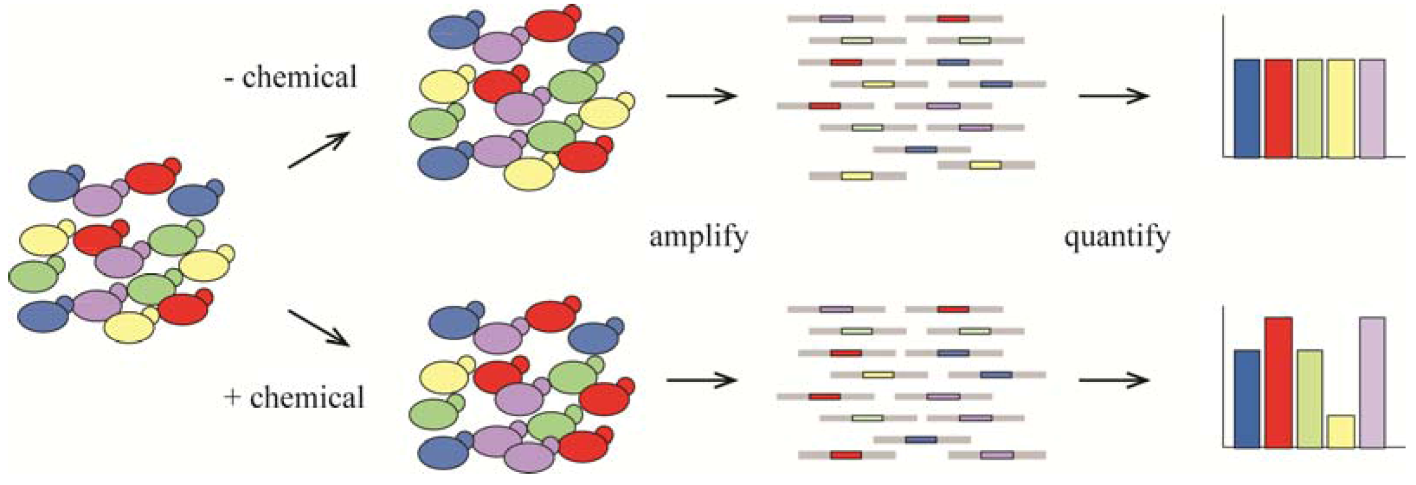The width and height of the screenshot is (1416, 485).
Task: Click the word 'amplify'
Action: (698, 237)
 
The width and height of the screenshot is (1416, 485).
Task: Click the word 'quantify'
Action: (1116, 237)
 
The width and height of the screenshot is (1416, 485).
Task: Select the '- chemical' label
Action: (291, 77)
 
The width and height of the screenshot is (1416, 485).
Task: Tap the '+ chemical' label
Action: (294, 397)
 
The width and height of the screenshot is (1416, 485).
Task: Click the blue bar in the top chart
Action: (1247, 108)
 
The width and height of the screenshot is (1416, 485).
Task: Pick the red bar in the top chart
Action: (1278, 108)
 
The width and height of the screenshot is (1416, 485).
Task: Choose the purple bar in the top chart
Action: (1372, 108)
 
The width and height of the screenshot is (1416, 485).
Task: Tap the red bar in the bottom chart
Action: (1278, 382)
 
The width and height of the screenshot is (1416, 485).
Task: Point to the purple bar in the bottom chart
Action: (1372, 382)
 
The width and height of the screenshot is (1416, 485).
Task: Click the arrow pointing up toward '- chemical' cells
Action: (319, 149)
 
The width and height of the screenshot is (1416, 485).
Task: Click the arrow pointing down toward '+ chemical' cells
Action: (319, 328)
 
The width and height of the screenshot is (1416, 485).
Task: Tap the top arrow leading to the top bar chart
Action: (1114, 96)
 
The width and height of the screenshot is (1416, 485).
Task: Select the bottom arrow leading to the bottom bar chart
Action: (1114, 380)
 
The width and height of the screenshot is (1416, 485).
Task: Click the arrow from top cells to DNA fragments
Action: (701, 96)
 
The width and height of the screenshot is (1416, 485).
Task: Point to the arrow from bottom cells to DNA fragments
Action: (701, 380)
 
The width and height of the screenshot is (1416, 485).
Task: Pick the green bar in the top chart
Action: (1309, 108)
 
